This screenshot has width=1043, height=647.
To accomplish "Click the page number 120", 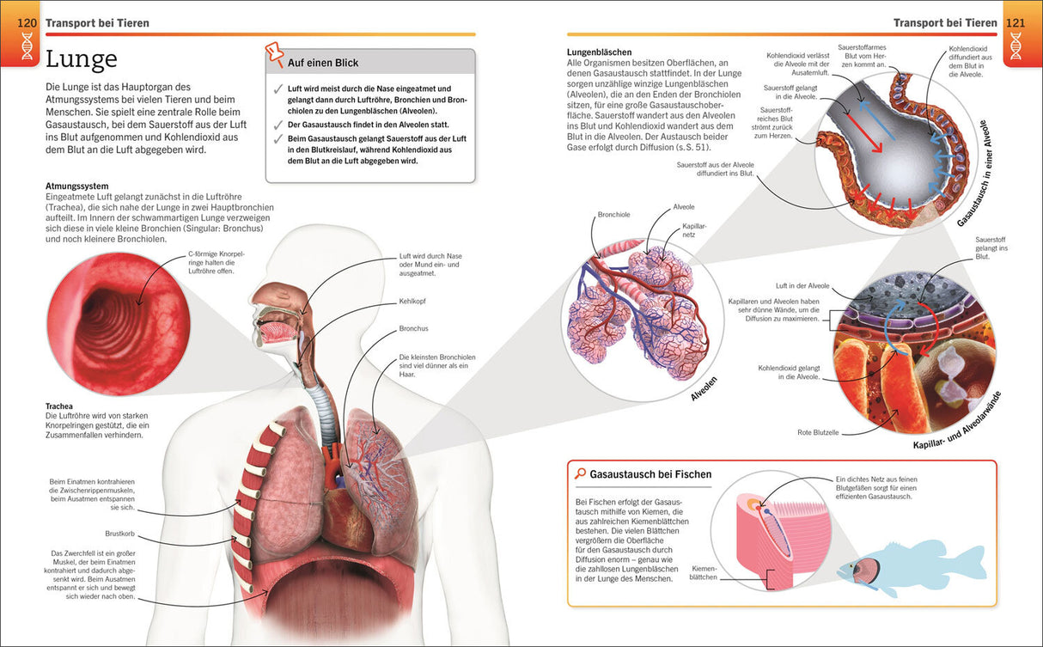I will point(27,22).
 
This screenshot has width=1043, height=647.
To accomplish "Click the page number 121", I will point(1016,22).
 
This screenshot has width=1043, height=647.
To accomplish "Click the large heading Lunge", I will point(81,59).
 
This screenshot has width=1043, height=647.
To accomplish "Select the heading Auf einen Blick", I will point(323,63).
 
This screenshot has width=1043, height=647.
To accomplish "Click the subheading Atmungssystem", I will point(76,186).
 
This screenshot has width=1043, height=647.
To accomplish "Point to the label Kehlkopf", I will point(413,302).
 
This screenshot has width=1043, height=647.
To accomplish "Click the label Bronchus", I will point(413,329).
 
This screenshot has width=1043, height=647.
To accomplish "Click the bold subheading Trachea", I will point(59,406).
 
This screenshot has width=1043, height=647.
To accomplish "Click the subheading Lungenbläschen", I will point(599,52).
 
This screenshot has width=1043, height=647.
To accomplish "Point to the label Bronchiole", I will point(613,215).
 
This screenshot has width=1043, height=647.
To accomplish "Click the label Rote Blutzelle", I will point(817,432).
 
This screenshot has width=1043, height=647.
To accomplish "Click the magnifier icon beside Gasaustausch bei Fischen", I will point(581,473).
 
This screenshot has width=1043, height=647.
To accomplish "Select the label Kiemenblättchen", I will point(703,571).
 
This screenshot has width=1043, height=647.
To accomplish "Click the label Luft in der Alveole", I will point(802,286).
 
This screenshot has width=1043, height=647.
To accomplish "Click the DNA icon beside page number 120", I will point(27,46).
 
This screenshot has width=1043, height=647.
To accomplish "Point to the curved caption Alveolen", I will point(704,389).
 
